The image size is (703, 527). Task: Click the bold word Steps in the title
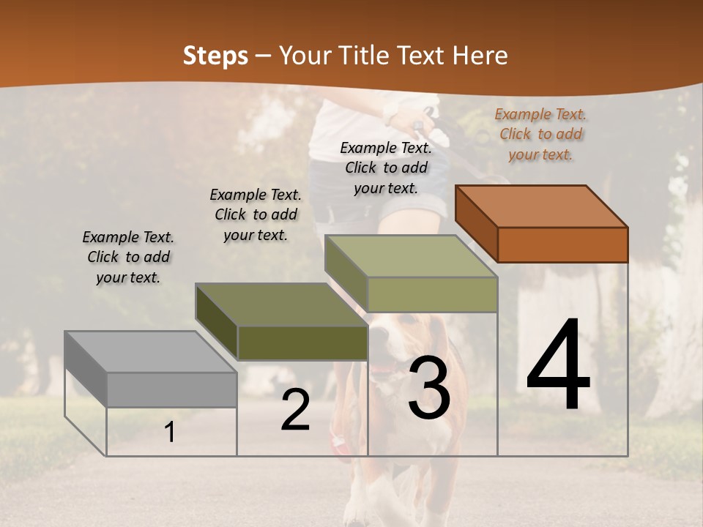tap(215, 56)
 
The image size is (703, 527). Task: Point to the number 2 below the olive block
tap(295, 411)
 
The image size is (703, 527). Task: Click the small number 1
tap(170, 433)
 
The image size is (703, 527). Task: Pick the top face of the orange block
tap(541, 206)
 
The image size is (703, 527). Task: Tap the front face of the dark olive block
tap(302, 343)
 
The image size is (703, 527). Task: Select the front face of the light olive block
tap(432, 294)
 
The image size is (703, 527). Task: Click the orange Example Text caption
tap(540, 134)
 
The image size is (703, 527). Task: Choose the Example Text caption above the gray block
tap(128, 257)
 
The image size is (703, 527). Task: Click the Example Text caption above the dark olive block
tap(256, 214)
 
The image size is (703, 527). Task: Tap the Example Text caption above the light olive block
tap(386, 168)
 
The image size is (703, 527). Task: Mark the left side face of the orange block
tap(476, 224)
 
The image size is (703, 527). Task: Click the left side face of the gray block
tap(86, 369)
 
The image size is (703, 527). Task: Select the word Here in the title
tap(480, 56)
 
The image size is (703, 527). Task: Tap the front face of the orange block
tap(562, 244)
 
